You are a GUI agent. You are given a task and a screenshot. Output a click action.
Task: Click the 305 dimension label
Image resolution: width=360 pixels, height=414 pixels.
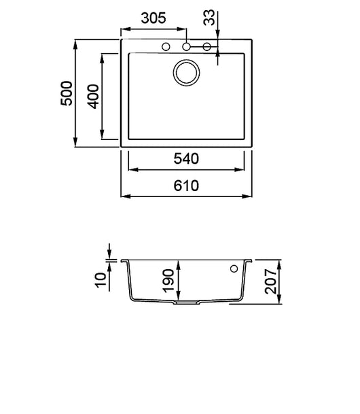tap(154, 19)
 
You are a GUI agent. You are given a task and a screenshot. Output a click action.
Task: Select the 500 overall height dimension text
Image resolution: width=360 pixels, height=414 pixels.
tap(66, 93)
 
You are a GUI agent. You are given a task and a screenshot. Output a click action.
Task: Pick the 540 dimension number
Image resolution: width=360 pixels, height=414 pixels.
tap(185, 160)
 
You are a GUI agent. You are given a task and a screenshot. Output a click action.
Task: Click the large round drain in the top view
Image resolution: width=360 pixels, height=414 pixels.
tap(185, 73)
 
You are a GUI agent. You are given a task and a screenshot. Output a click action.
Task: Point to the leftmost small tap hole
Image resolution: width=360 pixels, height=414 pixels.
tap(166, 47)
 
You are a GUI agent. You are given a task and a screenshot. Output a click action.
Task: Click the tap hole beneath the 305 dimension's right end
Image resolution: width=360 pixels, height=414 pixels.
tap(186, 47)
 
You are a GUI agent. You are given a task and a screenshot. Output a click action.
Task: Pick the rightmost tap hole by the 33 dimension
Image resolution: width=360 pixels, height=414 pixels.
tap(207, 47)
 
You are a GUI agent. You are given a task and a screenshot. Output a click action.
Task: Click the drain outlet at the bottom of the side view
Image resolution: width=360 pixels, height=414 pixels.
tap(184, 303)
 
